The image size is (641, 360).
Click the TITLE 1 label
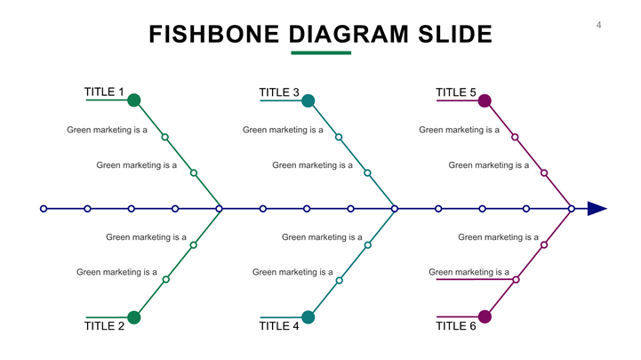(x=103, y=92)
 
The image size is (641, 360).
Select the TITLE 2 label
(x=103, y=326)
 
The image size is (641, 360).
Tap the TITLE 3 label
(x=278, y=92)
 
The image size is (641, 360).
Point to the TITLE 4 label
(x=278, y=326)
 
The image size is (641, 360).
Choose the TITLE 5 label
(x=455, y=92)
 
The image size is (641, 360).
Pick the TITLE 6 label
(x=455, y=326)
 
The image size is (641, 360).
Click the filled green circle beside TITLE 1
(x=133, y=100)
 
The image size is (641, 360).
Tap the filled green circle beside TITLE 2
(x=133, y=317)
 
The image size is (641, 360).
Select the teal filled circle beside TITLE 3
(x=308, y=100)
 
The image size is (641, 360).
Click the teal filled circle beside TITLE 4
(x=308, y=317)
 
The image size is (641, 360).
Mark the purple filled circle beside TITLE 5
(x=485, y=100)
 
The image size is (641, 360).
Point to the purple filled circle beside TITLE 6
(x=485, y=317)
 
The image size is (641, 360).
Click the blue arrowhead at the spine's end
(x=597, y=209)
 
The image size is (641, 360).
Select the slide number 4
(x=598, y=25)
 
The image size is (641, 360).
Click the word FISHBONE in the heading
(x=214, y=35)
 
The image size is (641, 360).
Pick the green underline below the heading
(x=321, y=52)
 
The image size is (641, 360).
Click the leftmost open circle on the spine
(x=44, y=209)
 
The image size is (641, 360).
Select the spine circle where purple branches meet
(x=571, y=209)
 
